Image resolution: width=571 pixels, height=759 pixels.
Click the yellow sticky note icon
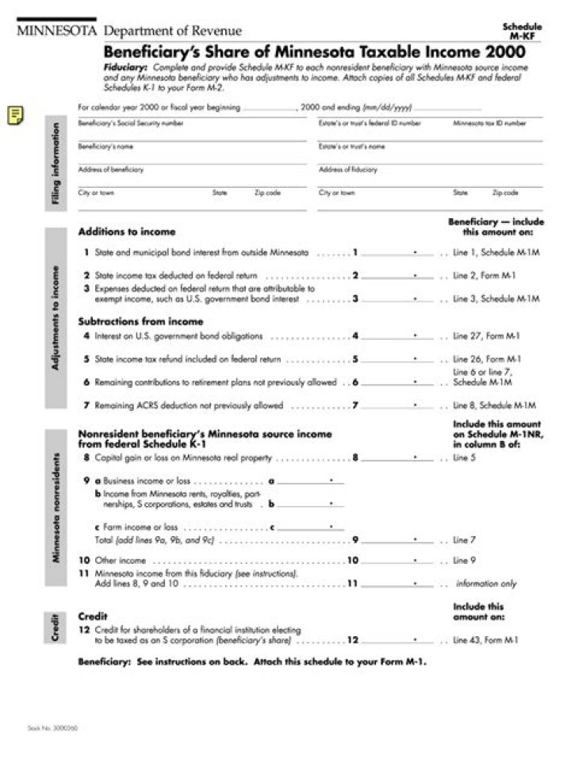click(x=15, y=115)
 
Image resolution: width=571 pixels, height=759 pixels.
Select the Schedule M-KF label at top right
click(x=522, y=31)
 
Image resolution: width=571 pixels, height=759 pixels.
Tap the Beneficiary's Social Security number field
click(x=191, y=132)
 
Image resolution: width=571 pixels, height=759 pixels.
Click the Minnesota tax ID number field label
click(x=489, y=124)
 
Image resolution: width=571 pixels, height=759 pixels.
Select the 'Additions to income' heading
click(x=127, y=232)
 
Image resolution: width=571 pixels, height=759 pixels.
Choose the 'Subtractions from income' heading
click(x=140, y=322)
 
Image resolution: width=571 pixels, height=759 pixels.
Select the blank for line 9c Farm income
click(x=311, y=527)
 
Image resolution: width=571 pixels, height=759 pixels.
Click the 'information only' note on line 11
click(x=485, y=584)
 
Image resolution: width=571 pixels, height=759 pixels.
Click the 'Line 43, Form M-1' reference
click(x=486, y=640)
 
